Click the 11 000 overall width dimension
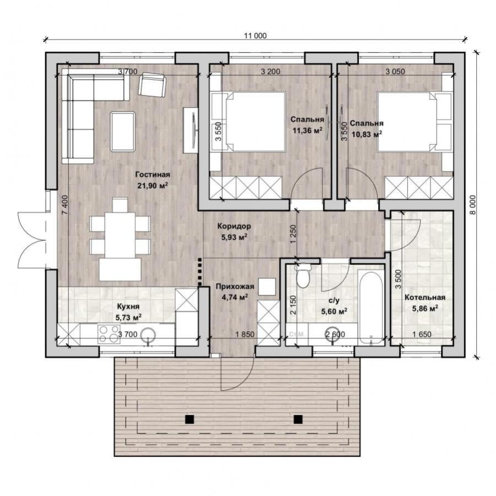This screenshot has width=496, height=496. click(x=255, y=36)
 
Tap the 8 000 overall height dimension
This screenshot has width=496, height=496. click(x=473, y=204)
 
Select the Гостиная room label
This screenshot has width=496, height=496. click(x=153, y=175)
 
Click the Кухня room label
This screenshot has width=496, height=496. click(x=128, y=306)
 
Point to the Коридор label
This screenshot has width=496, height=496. click(x=234, y=226)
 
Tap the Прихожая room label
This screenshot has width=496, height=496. click(x=235, y=287)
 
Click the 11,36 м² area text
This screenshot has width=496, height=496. click(x=308, y=130)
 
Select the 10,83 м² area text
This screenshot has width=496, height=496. click(x=366, y=134)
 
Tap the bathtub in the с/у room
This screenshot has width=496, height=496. click(x=371, y=307)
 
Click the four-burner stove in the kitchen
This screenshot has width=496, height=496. click(x=108, y=335)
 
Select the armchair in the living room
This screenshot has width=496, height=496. click(x=153, y=85)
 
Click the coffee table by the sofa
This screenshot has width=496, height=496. click(x=123, y=132)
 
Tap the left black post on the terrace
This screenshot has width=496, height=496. click(x=190, y=419)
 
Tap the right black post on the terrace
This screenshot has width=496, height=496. click(x=298, y=419)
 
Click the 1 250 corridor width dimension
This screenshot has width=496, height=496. click(x=293, y=234)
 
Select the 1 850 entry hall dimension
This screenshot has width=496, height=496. click(x=245, y=334)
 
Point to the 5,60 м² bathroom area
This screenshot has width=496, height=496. click(x=334, y=312)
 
